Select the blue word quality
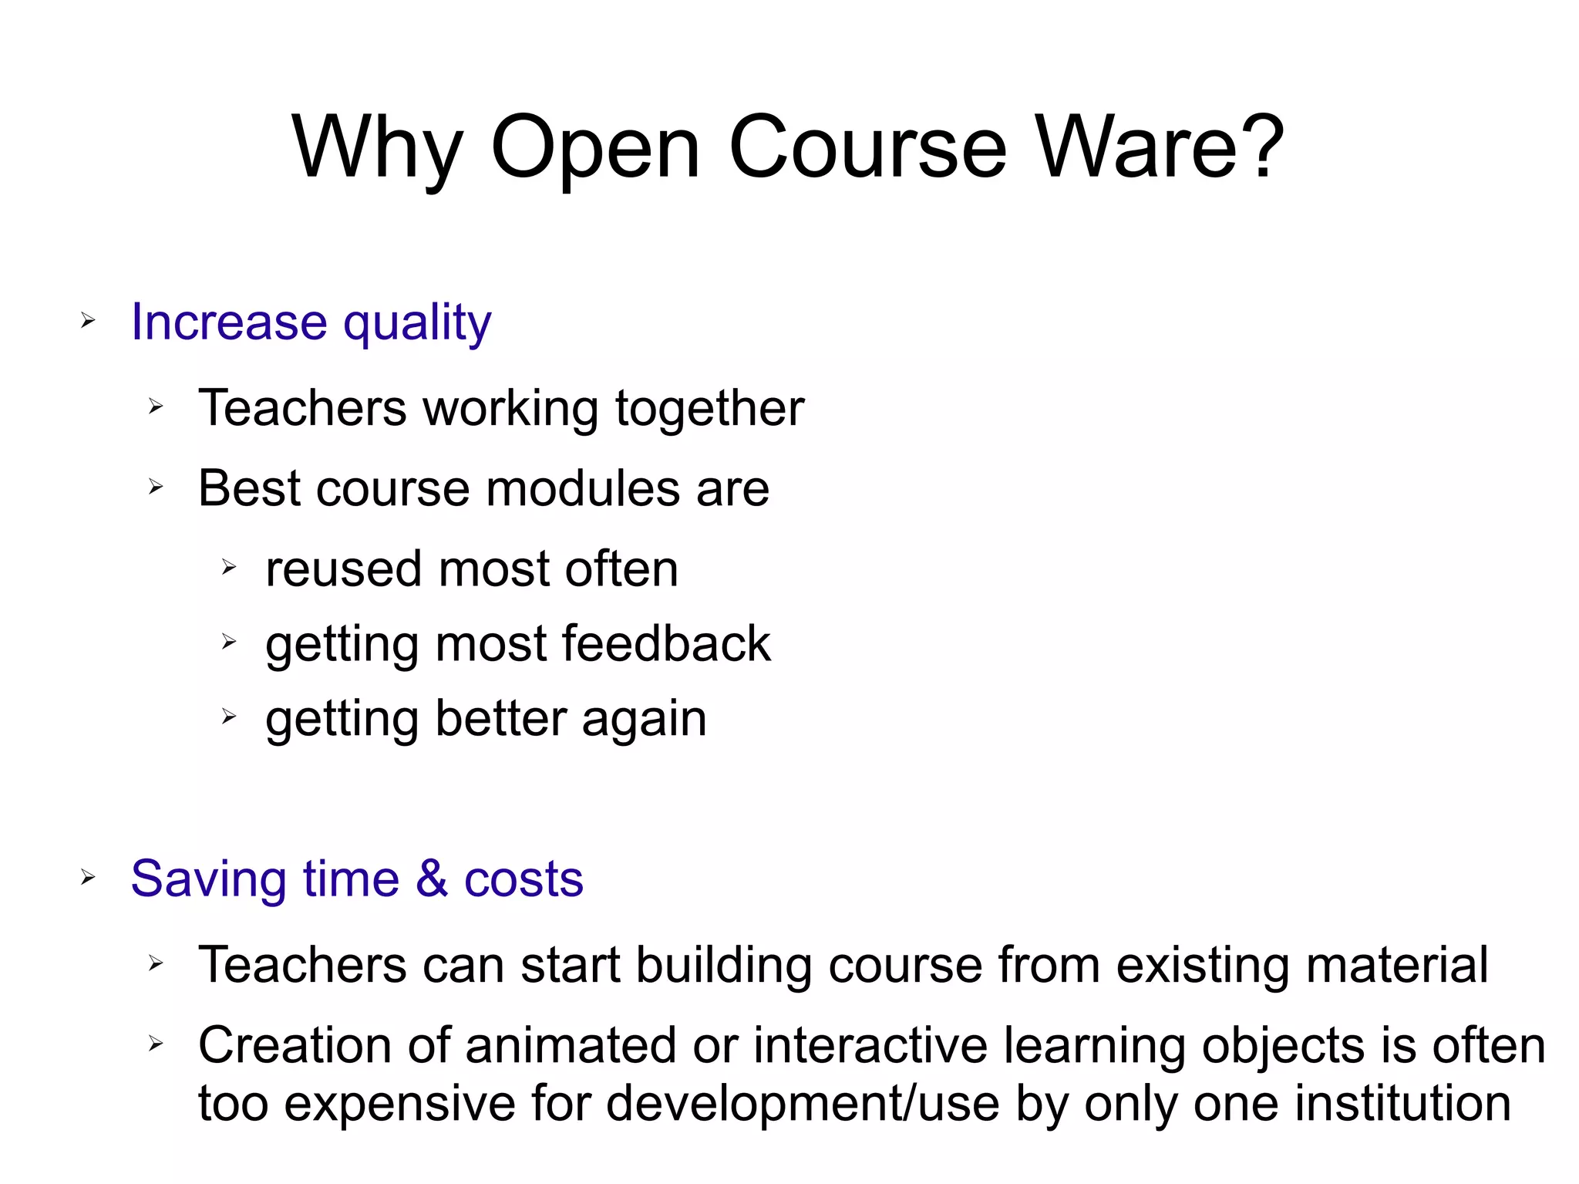[x=417, y=322]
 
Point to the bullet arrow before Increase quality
[x=88, y=320]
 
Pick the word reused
[x=344, y=569]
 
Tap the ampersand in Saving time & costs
[x=432, y=879]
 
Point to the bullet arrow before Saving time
[x=88, y=877]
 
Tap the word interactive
[x=870, y=1046]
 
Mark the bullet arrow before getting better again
[x=228, y=717]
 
